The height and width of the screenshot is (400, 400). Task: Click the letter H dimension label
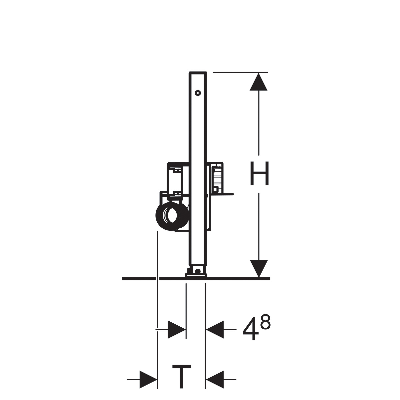[x=259, y=173]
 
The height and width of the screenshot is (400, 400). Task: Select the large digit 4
[x=251, y=329]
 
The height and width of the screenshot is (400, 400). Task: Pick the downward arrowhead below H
[x=259, y=268]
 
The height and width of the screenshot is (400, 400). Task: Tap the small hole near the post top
[x=198, y=93]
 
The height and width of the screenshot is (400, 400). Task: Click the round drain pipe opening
[x=172, y=216]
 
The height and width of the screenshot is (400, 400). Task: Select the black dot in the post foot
[x=198, y=271]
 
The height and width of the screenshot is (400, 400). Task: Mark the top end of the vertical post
[x=198, y=72]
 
